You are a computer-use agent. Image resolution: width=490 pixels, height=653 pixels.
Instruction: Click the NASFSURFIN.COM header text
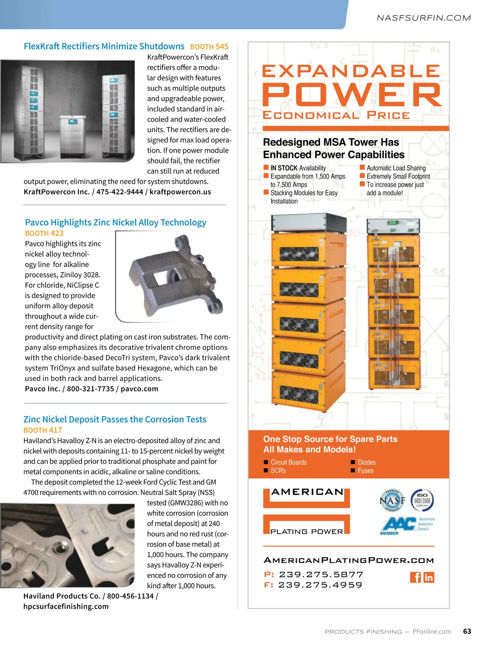click(423, 18)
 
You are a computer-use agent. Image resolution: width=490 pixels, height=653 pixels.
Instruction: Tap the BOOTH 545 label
click(209, 47)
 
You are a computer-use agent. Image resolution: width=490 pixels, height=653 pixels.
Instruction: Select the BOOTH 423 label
click(44, 233)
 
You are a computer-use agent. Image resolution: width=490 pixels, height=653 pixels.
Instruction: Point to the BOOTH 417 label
click(42, 430)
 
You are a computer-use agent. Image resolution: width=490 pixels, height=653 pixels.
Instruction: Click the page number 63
click(467, 631)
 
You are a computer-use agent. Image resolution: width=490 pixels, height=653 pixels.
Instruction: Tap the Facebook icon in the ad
click(415, 577)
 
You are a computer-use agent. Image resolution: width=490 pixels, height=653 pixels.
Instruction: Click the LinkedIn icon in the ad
click(429, 577)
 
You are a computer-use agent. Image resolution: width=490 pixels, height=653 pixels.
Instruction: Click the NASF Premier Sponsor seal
click(392, 500)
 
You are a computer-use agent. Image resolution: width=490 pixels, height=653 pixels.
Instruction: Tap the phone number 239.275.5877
click(321, 575)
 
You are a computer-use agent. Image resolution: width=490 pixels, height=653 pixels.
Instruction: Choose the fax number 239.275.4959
click(321, 585)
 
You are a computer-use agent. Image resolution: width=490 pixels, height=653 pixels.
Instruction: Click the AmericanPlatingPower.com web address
click(349, 560)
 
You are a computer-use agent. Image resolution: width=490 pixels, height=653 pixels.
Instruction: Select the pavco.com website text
click(139, 389)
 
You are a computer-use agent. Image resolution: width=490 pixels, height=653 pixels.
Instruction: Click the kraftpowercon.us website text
click(180, 192)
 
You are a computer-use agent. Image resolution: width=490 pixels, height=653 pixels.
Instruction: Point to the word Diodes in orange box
click(367, 462)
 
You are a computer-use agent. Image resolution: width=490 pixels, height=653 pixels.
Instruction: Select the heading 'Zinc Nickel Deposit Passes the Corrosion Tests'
click(115, 420)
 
